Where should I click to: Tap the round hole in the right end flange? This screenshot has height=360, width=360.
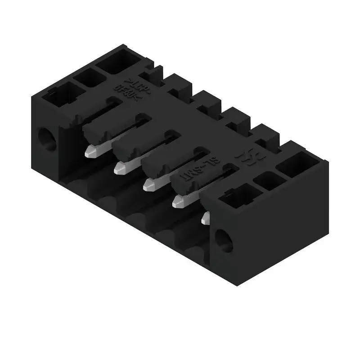coord(224,240)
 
